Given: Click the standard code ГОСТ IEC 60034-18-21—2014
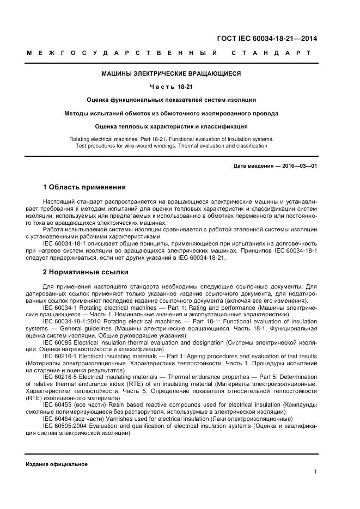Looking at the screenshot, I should (x=267, y=39).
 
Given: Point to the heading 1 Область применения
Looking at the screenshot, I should (x=84, y=187).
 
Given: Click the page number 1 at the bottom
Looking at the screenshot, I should (x=316, y=471).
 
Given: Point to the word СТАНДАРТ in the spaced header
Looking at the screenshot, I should (x=271, y=53).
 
